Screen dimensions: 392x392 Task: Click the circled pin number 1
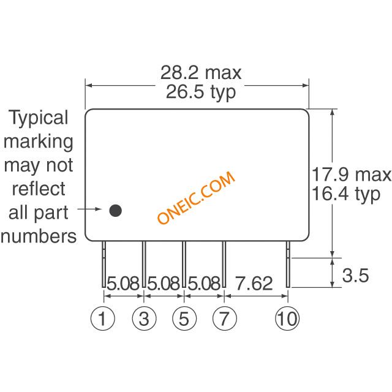tap(102, 318)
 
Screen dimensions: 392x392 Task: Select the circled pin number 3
tap(144, 318)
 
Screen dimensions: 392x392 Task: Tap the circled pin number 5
tap(184, 318)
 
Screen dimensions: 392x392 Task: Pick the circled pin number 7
tap(225, 318)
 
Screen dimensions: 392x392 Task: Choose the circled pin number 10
tap(287, 318)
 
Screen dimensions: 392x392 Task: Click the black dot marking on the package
tap(116, 211)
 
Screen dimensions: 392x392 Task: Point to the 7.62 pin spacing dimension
tap(254, 283)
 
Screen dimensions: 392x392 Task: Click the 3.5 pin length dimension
tap(355, 275)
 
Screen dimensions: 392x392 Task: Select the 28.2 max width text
tap(201, 72)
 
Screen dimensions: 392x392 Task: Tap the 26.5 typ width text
tap(201, 92)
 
